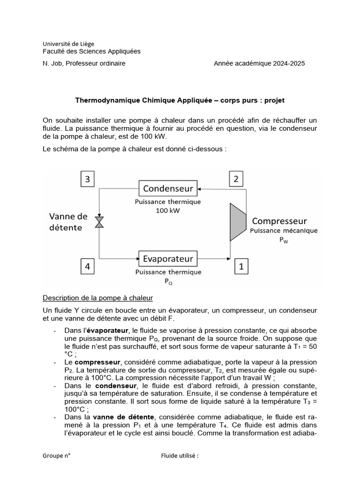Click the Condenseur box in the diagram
pyautogui.click(x=168, y=188)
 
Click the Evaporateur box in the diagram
pyautogui.click(x=168, y=258)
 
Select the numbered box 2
pyautogui.click(x=236, y=179)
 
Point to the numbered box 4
pyautogui.click(x=87, y=267)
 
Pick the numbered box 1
pyautogui.click(x=241, y=267)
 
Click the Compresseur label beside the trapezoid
pyautogui.click(x=279, y=221)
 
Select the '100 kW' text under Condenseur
pyautogui.click(x=168, y=210)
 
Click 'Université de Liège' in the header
pyautogui.click(x=68, y=44)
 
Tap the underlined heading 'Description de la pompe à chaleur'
pyautogui.click(x=97, y=298)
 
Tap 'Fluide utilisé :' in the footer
pyautogui.click(x=180, y=455)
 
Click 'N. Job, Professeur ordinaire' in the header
pyautogui.click(x=84, y=63)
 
